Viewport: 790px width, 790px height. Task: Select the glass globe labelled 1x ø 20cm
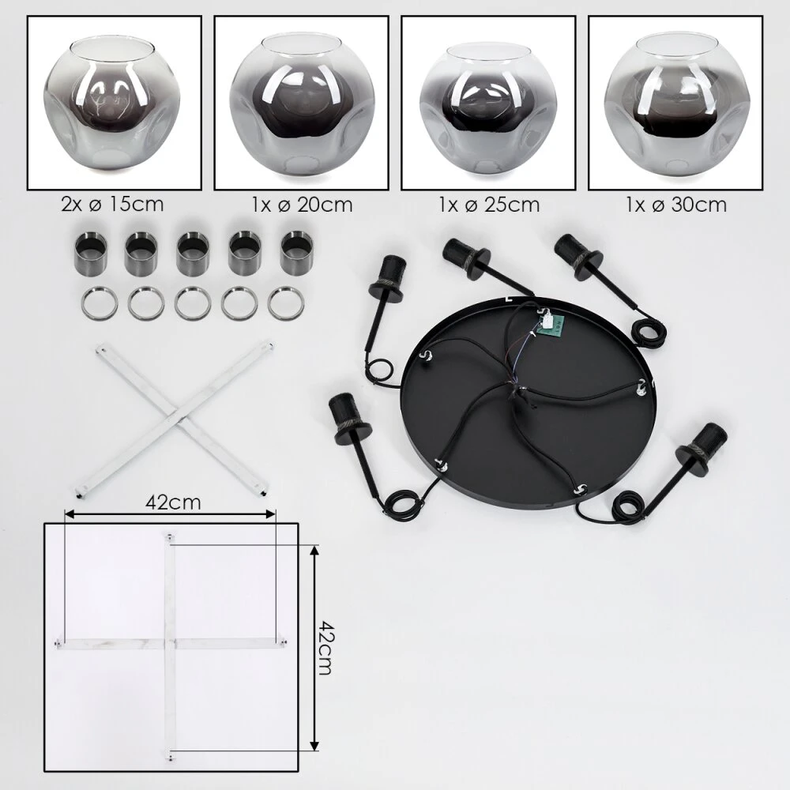(x=302, y=107)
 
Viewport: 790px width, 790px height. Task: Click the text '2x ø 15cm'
(x=112, y=204)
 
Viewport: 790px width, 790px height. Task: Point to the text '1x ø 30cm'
(x=676, y=205)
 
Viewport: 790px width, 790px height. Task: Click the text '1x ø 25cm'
(x=489, y=205)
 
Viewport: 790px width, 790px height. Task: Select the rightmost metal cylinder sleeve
(x=297, y=254)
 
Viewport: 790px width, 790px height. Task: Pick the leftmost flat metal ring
(x=100, y=303)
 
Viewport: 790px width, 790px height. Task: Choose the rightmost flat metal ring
(x=286, y=303)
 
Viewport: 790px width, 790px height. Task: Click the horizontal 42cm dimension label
(x=173, y=502)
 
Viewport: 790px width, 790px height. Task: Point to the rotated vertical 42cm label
(x=325, y=648)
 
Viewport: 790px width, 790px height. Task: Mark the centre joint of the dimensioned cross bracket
(x=170, y=643)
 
